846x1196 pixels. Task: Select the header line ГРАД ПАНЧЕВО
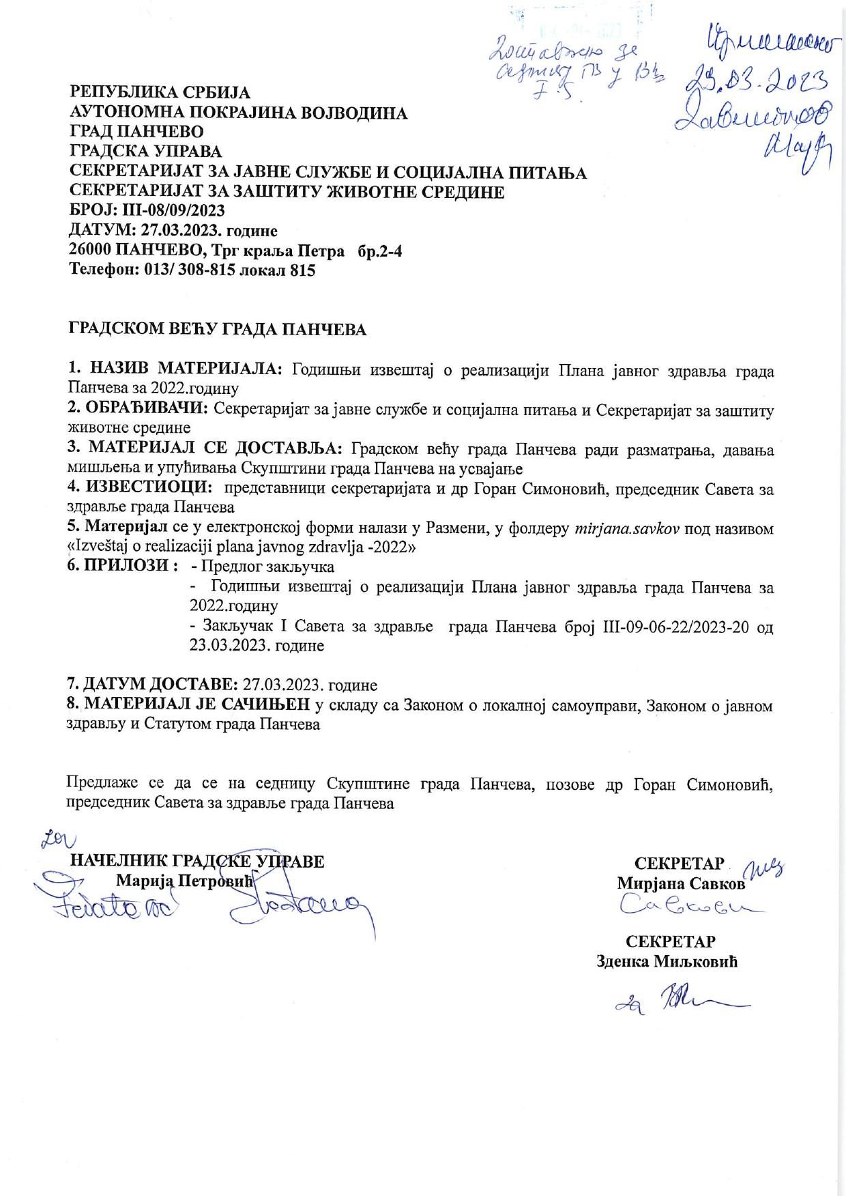[136, 131]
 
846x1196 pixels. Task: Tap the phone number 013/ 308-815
[190, 270]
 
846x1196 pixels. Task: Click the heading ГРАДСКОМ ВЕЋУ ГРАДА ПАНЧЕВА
[218, 330]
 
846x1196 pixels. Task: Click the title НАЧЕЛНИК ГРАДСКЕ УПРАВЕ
[197, 862]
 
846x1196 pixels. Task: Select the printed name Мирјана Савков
[680, 883]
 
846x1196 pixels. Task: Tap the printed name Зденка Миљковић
[667, 962]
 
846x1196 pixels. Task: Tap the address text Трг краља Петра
[287, 251]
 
